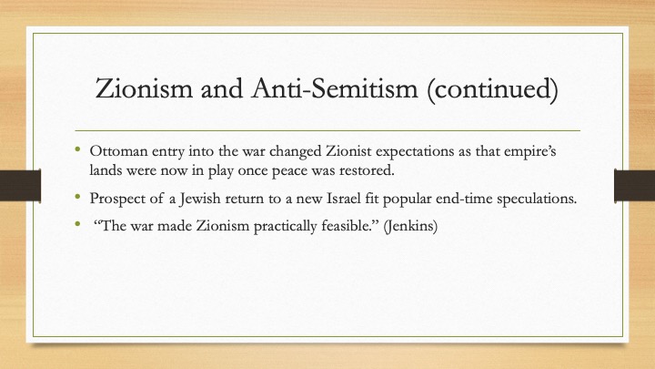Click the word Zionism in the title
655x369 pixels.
coord(144,88)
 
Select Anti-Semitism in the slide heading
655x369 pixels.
coord(335,88)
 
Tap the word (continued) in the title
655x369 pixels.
coord(492,89)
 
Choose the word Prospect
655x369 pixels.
coord(114,199)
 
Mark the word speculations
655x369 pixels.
coord(537,199)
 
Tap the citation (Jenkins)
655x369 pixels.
coord(410,227)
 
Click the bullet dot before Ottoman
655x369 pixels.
coord(77,149)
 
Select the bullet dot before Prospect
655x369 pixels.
coord(77,196)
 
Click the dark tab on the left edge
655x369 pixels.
coord(20,185)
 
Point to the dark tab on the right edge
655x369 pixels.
coord(635,185)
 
